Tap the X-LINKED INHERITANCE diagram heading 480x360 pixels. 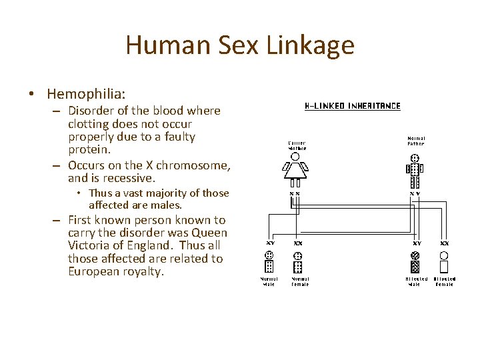tap(353, 106)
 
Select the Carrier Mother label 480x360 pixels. tap(297, 145)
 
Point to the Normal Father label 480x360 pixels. tap(416, 141)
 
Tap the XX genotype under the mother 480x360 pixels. tap(294, 193)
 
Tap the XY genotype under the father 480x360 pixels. tap(415, 193)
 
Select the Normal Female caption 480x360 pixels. tap(300, 281)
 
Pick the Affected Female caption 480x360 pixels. tap(445, 281)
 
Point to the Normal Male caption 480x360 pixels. tap(269, 281)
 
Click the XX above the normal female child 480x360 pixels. tap(297, 244)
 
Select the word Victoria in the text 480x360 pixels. tap(89, 246)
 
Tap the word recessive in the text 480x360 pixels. tap(131, 178)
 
